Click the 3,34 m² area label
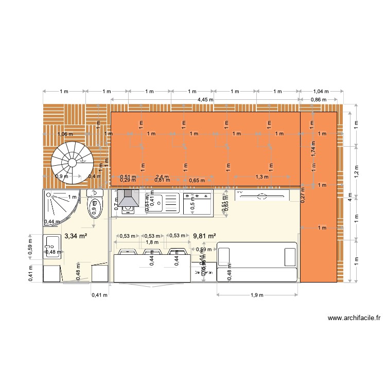pyautogui.click(x=75, y=237)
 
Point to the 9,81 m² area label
pyautogui.click(x=205, y=237)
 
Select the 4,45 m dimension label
pyautogui.click(x=206, y=100)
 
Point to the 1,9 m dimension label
pyautogui.click(x=257, y=295)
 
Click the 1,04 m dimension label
pyautogui.click(x=321, y=92)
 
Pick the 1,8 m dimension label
pyautogui.click(x=152, y=242)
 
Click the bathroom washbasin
pyautogui.click(x=52, y=247)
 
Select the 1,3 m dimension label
pyautogui.click(x=262, y=177)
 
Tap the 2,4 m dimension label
pyautogui.click(x=161, y=177)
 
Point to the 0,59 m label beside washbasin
pyautogui.click(x=31, y=249)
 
